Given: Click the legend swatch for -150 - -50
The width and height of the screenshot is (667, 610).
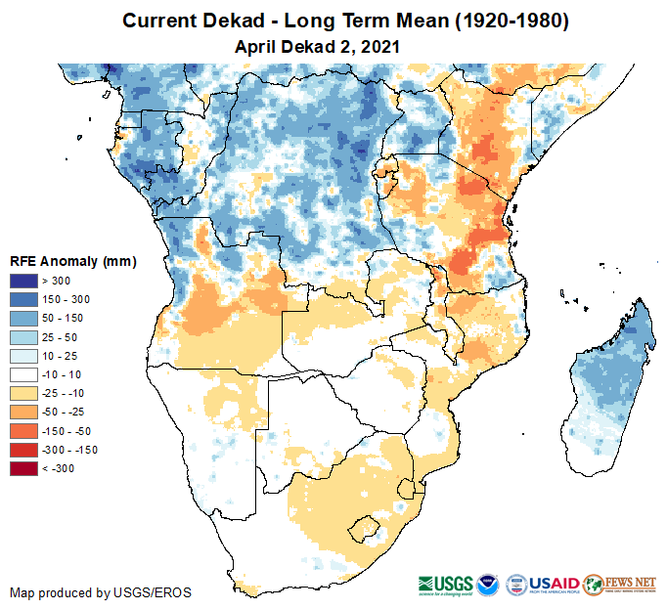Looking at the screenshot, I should (22, 431).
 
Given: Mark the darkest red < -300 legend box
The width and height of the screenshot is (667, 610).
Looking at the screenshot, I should (22, 468).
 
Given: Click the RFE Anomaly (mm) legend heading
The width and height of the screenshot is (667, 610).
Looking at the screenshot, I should (72, 262).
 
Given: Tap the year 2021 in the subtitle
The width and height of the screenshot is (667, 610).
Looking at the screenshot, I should (380, 46).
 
